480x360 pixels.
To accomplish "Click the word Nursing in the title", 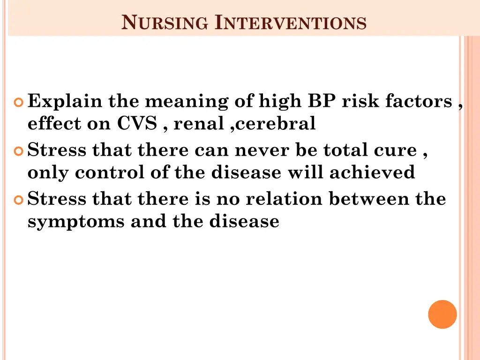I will (165, 22).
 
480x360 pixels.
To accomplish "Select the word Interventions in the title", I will (291, 22).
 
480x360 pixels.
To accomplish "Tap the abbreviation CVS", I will (137, 124).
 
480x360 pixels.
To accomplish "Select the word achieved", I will (372, 172).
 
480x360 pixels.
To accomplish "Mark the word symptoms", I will (76, 222).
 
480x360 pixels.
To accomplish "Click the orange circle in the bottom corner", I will (442, 314).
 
